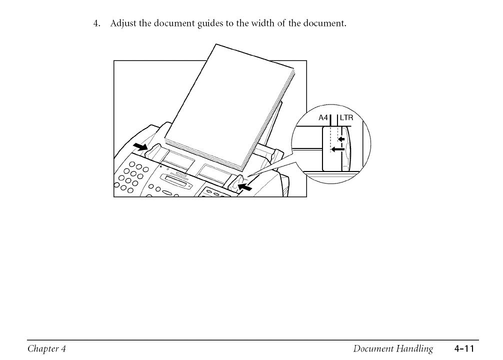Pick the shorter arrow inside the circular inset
point(342,138)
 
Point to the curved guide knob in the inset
point(347,150)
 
